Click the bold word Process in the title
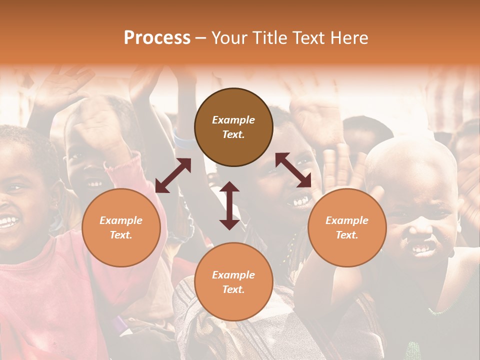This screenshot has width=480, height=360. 157,38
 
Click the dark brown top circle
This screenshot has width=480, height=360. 233,127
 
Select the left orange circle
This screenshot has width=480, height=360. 121,227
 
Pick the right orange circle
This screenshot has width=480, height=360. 347,227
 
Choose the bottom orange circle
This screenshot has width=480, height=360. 233,282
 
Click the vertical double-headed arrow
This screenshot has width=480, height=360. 229,205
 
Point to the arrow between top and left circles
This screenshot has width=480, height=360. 173,175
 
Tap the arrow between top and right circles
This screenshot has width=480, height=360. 293,170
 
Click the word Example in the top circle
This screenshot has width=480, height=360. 233,120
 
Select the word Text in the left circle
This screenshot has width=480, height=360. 120,235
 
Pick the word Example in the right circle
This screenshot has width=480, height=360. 347,220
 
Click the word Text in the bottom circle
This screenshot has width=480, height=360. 233,289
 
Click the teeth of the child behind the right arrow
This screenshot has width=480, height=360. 300,201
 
